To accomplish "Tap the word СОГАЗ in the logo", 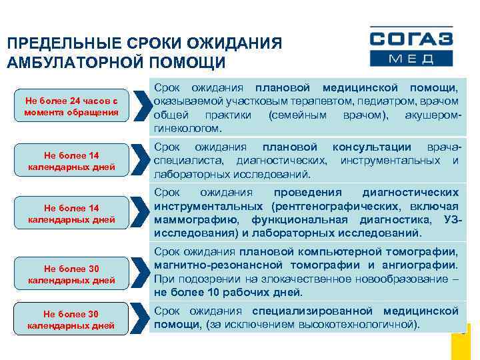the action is point(411,39).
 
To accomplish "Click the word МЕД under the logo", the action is point(411,59).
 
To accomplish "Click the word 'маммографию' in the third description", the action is point(191,219).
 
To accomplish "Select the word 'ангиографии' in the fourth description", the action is point(423,265).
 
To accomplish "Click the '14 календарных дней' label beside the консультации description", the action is point(71,160).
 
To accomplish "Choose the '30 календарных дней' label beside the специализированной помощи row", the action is point(71,319).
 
